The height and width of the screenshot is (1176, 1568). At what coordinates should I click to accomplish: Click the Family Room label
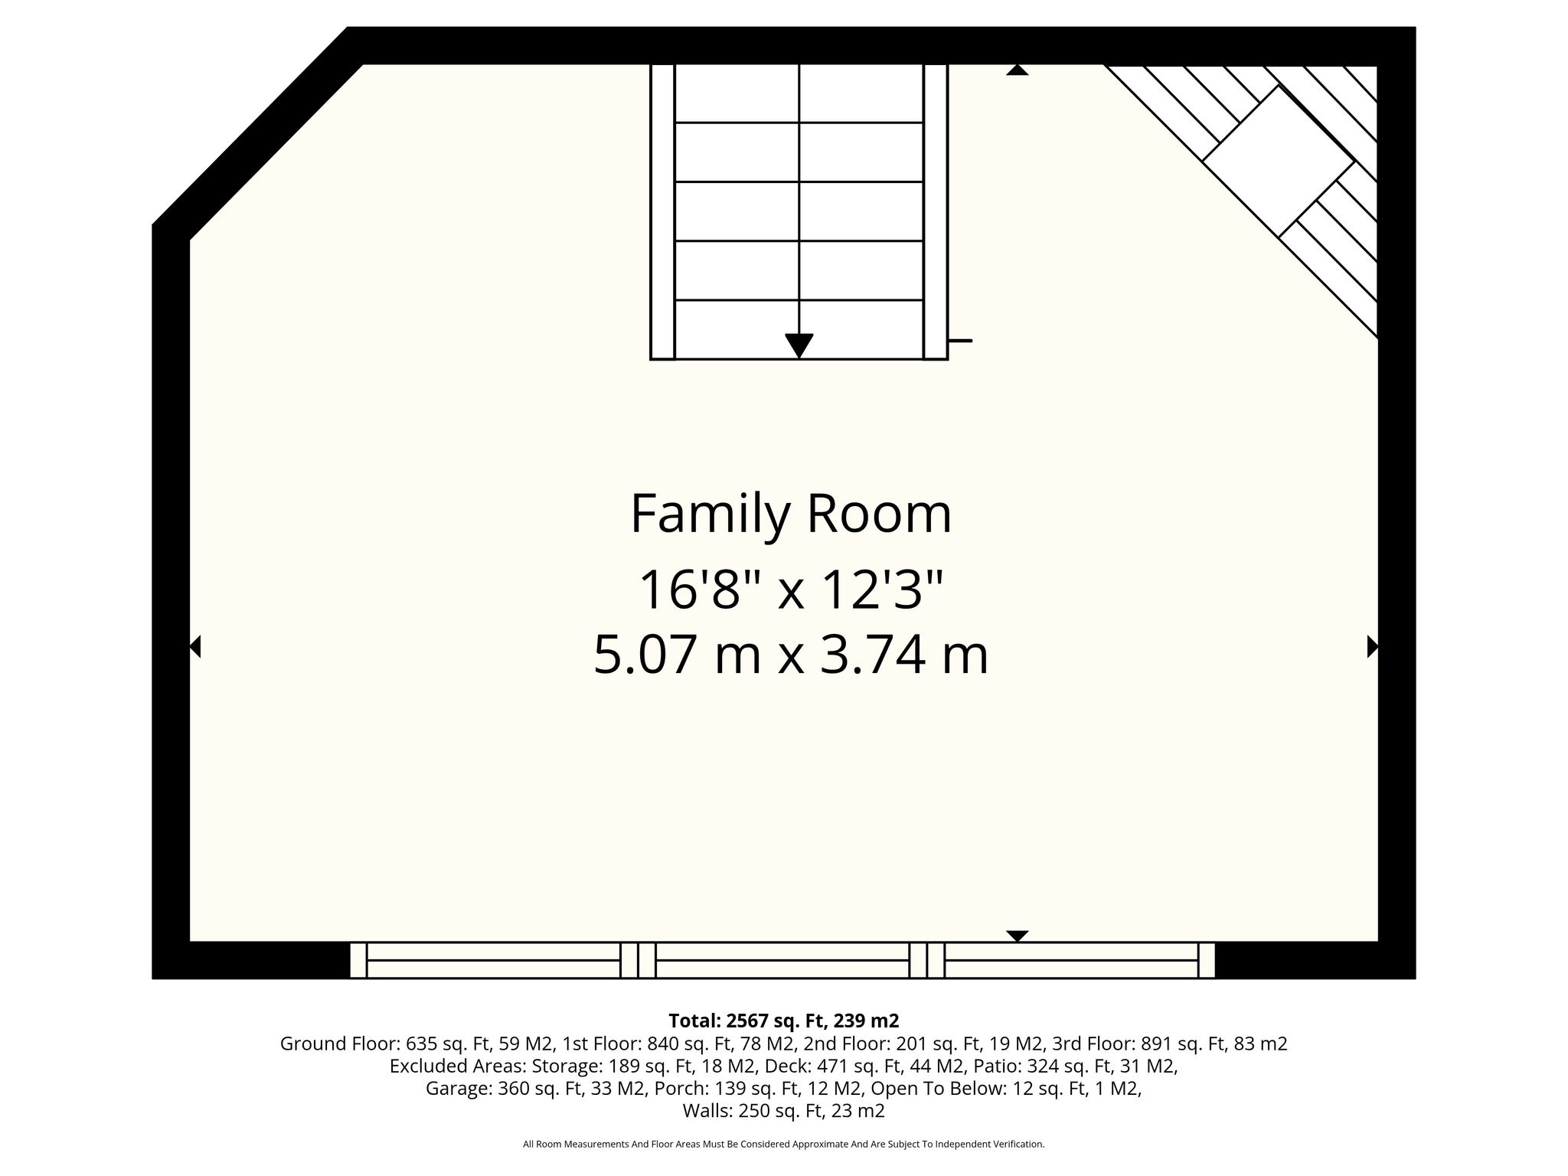pos(791,514)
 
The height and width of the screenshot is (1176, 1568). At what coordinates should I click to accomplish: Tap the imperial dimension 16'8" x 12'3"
pos(791,590)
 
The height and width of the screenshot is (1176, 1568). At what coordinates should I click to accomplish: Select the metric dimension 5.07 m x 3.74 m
pos(791,655)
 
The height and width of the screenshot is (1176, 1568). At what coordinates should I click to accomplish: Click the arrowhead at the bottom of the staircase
pos(799,346)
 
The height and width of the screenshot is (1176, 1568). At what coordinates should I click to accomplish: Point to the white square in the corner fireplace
pos(1278,161)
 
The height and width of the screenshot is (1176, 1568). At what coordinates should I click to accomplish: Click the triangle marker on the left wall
pos(194,647)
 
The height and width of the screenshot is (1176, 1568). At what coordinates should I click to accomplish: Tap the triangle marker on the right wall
pos(1373,647)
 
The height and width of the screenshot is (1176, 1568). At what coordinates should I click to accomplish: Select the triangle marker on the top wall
pos(1017,70)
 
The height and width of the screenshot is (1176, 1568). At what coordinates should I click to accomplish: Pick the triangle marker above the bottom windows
pos(1017,936)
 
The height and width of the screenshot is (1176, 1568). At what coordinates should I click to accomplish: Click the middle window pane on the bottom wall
pos(782,960)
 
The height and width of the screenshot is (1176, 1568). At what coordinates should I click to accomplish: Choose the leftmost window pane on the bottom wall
pos(493,960)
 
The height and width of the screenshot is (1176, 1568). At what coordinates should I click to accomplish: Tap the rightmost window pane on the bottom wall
pos(1071,960)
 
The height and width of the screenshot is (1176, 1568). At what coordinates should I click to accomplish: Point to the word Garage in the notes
pos(458,1089)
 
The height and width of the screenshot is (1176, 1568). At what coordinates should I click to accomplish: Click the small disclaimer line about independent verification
pos(783,1145)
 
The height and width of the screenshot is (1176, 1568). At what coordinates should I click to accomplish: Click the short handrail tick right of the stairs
pos(960,340)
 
